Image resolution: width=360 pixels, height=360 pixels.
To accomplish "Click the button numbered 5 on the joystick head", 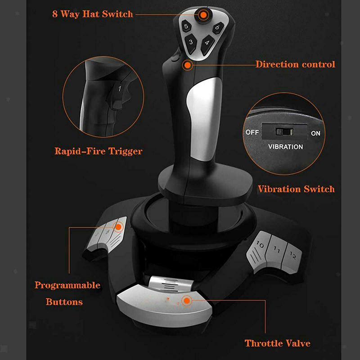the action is point(186,27).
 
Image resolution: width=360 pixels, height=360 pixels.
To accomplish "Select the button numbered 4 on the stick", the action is point(207,44).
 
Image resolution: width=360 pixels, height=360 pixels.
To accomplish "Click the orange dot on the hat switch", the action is point(203,15).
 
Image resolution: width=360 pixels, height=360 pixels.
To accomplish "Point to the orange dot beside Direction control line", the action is point(188,65).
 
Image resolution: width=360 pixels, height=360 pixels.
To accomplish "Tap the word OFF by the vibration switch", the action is point(252,132).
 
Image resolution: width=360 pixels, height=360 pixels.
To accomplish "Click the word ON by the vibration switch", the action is point(315,133).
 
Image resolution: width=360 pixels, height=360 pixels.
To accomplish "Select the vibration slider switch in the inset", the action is point(284,132).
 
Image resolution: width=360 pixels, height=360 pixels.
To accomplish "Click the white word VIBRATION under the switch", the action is point(285,147).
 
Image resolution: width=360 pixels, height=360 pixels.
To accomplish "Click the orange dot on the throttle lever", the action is point(187,301).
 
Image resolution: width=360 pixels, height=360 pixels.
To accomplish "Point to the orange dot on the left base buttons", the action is point(118,227).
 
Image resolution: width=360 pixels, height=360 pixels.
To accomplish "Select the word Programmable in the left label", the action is point(67,286).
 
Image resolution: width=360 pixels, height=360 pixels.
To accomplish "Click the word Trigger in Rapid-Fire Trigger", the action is point(125,152).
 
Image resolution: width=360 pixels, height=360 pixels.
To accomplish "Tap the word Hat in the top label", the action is point(91,14).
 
